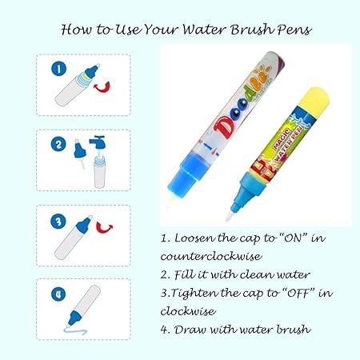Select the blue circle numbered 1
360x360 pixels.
57,69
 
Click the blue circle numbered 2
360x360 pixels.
58,145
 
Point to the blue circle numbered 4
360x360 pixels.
57,294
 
